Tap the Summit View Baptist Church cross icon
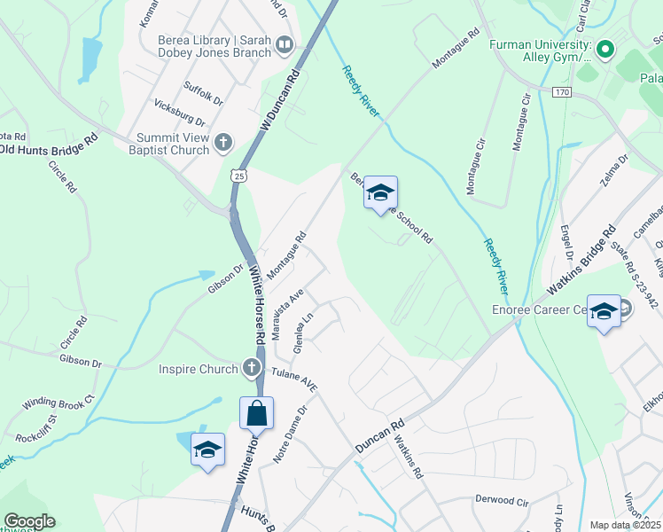(x=223, y=141)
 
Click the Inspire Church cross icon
(x=252, y=369)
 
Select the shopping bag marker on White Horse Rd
(x=256, y=414)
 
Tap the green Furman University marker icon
(x=605, y=49)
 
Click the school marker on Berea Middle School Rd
(x=381, y=193)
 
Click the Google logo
(x=29, y=521)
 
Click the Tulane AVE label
(x=294, y=379)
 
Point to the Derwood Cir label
(x=502, y=500)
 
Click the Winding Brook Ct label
(x=58, y=401)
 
